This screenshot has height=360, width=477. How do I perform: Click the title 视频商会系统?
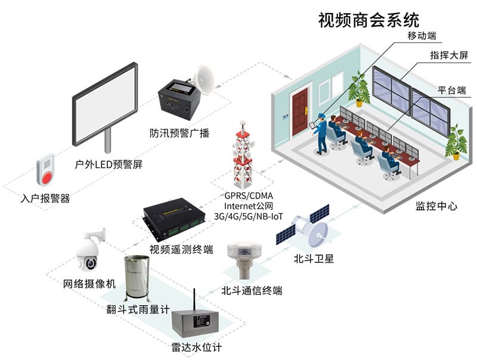point(368,20)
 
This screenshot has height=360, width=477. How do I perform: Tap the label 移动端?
point(422,36)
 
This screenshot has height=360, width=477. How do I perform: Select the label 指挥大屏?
point(449,55)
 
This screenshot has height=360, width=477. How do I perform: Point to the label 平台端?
point(452,90)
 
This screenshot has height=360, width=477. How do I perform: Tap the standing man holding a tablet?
point(320,133)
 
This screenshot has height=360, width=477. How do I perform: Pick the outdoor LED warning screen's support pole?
point(107,140)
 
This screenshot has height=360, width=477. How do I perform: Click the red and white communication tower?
point(243,155)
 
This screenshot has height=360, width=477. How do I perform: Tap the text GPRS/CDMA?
point(249,195)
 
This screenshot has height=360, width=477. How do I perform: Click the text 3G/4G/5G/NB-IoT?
point(249,216)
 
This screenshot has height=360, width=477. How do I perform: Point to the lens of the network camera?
point(90,263)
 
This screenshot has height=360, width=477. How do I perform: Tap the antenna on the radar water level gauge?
point(194,300)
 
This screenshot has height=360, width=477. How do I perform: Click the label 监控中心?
point(436,206)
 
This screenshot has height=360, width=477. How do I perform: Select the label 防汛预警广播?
point(179,133)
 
